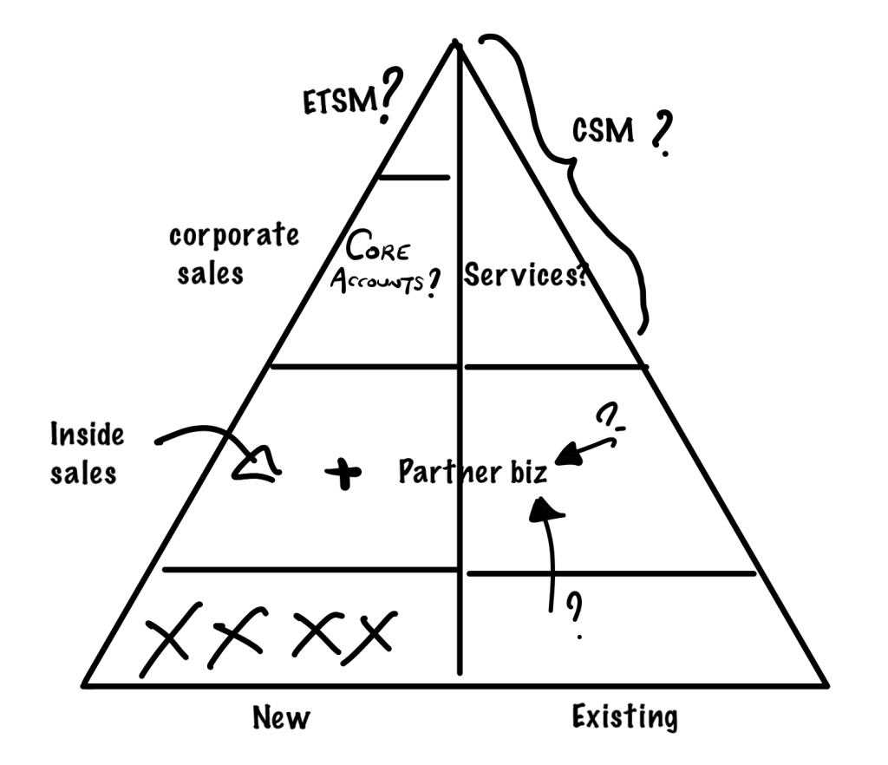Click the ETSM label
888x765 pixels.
coord(340,101)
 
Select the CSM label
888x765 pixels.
coord(603,130)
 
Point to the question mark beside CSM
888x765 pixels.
coord(662,134)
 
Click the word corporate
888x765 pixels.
coord(234,235)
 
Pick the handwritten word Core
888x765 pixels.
coord(377,246)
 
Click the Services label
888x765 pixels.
coord(525,275)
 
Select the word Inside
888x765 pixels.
coord(87,435)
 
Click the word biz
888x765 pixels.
coord(529,472)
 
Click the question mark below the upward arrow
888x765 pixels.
coord(575,614)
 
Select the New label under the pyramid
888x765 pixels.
coord(282,717)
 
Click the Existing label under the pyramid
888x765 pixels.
coord(624,717)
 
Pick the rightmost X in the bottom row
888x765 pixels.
coord(369,637)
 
